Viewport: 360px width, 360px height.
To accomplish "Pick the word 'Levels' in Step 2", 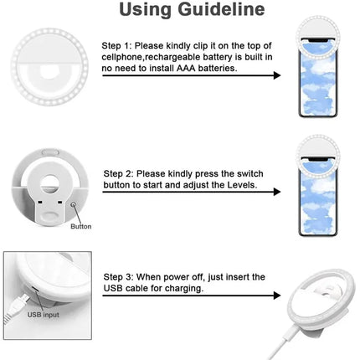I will pyautogui.click(x=244, y=183).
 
